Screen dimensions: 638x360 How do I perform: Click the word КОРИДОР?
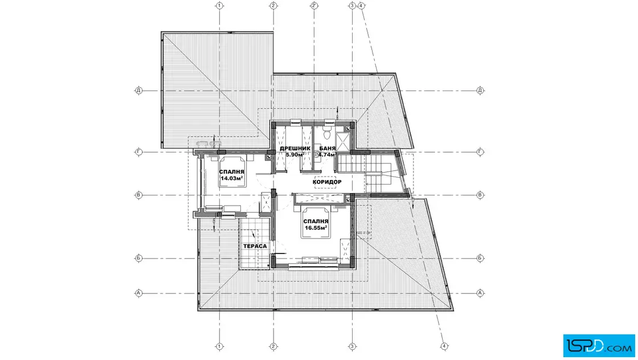(x=327, y=182)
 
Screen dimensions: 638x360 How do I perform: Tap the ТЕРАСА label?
(x=255, y=246)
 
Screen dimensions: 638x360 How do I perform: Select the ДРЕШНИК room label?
(x=295, y=149)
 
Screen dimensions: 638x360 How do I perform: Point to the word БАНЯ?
(x=327, y=149)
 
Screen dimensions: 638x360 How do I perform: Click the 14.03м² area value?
(x=232, y=178)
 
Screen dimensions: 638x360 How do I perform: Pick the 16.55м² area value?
(x=316, y=228)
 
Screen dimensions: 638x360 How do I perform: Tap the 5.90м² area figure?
(x=295, y=154)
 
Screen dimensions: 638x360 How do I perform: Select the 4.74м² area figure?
(x=327, y=154)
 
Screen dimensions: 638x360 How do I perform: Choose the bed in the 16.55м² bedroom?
(x=316, y=222)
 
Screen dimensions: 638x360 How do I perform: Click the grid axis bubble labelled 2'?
(x=314, y=6)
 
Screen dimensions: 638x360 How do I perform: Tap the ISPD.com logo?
(x=599, y=345)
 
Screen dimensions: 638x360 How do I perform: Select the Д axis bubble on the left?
(x=139, y=91)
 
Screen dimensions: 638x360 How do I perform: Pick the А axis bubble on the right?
(x=480, y=293)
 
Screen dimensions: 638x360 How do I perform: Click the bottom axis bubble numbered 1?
(x=220, y=346)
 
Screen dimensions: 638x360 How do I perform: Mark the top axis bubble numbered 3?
(x=353, y=6)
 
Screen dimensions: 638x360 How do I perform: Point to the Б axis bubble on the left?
(x=139, y=258)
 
